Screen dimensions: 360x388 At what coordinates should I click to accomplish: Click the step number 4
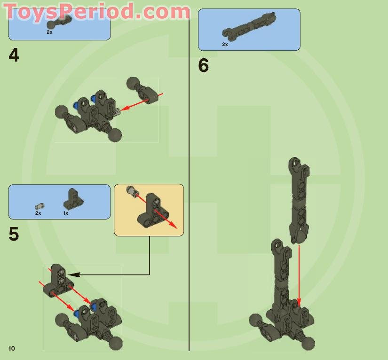click(14, 55)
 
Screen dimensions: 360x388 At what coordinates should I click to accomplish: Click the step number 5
click(14, 234)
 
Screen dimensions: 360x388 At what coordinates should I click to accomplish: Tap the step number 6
click(203, 66)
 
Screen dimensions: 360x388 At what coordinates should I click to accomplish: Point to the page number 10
click(11, 348)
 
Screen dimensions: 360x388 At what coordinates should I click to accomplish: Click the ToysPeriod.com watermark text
click(96, 11)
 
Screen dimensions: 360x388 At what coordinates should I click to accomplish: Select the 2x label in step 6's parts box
click(225, 44)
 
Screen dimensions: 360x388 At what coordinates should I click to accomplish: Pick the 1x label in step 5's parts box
click(66, 213)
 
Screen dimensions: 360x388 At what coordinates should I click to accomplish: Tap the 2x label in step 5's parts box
click(38, 213)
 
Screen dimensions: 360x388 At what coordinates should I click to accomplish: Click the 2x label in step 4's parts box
click(49, 32)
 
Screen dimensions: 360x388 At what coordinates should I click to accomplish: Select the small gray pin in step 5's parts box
click(40, 206)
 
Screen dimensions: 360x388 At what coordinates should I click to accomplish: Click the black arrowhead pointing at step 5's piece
click(71, 274)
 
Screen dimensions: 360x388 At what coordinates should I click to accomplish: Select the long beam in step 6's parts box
click(249, 26)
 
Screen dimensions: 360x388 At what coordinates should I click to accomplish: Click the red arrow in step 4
click(141, 102)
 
